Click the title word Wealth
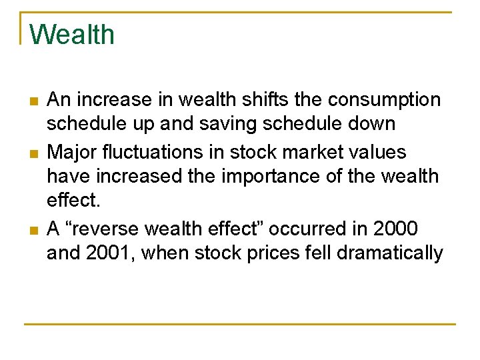click(x=72, y=35)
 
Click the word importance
click(x=263, y=176)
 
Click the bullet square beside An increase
click(x=33, y=101)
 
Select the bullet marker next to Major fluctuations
click(x=33, y=153)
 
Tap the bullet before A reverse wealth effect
click(x=33, y=230)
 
